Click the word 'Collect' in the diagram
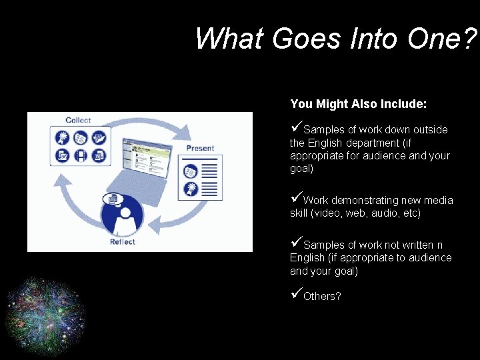coord(78,120)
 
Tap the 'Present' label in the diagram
coord(200,147)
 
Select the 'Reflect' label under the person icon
coord(123,241)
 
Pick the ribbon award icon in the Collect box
coord(62,139)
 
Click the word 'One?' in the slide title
coord(443,38)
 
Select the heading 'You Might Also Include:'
coord(359,104)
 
